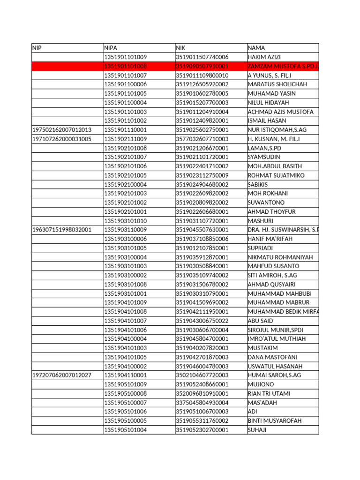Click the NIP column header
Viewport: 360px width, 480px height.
point(37,48)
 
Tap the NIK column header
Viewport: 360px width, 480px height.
point(181,48)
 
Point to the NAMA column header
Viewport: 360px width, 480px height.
point(256,48)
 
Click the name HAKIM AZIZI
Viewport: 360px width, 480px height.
point(264,57)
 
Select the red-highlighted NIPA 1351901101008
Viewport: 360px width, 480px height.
point(125,66)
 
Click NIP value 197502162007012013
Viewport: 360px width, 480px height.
point(62,130)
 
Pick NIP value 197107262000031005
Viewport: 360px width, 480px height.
point(62,139)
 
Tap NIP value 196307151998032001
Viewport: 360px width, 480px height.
point(62,230)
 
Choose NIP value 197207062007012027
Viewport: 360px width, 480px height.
point(62,375)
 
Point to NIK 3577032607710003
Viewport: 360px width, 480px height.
point(202,139)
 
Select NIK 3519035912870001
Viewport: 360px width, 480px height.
point(202,257)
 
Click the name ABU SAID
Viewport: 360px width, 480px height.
point(260,321)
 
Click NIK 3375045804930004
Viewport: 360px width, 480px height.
point(202,402)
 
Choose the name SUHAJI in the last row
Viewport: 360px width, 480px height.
point(257,429)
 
